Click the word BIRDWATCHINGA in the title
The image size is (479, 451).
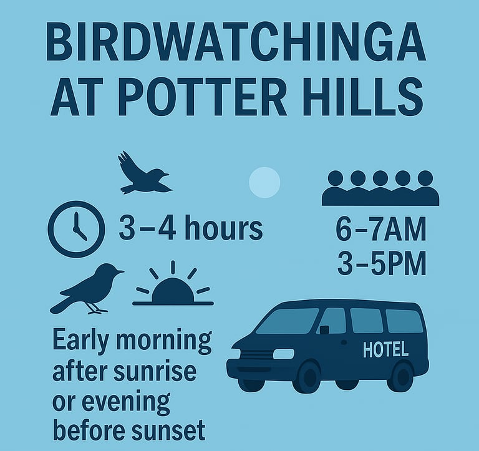click(236, 42)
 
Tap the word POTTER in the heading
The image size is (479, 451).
click(203, 97)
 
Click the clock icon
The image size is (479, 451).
click(76, 229)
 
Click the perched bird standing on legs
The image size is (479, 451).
click(87, 289)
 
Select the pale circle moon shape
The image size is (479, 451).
click(264, 182)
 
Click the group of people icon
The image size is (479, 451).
click(380, 188)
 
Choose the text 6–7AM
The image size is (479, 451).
click(380, 229)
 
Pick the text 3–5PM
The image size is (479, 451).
click(382, 263)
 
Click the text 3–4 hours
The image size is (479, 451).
click(191, 228)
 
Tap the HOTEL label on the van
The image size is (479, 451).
click(385, 349)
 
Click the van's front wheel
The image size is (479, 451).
click(309, 377)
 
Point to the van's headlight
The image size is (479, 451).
click(284, 354)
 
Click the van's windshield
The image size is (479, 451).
click(287, 321)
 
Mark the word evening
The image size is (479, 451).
click(126, 401)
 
